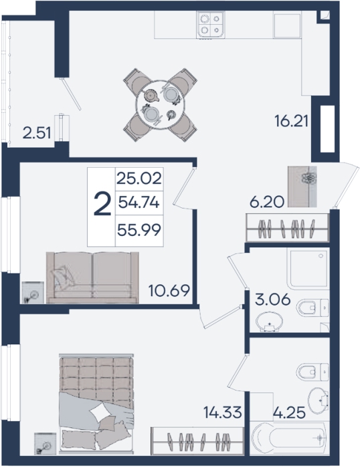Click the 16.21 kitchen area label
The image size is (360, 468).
coord(291,122)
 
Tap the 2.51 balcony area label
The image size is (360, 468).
coord(37,133)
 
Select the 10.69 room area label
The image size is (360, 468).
coord(169,290)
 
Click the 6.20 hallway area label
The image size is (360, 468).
coord(266,203)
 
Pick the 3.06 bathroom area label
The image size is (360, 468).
coord(272,300)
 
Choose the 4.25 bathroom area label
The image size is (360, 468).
coord(289,413)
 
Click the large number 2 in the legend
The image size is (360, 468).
coord(102,204)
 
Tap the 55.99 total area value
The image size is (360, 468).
coord(139,230)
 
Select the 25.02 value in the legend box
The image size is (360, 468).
coord(139,179)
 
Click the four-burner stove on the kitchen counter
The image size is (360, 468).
coord(211,25)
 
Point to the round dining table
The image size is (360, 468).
coord(160,105)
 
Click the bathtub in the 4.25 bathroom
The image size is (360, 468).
coord(289,438)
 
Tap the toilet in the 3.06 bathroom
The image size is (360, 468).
coord(312,308)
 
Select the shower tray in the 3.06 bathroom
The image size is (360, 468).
coord(308,268)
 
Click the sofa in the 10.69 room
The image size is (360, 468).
coord(92,277)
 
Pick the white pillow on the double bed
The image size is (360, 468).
coord(100,412)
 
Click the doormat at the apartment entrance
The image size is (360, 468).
coord(302,187)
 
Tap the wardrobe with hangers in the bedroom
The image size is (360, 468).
coord(197,441)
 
